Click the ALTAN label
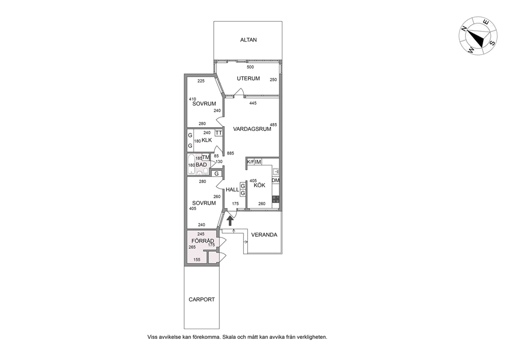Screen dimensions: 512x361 point(248,40)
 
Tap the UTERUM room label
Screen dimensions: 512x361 point(248,78)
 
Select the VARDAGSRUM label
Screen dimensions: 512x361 point(252,129)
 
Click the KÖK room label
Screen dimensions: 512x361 point(259,185)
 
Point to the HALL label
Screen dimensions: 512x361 point(232,190)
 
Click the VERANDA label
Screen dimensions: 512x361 point(264,235)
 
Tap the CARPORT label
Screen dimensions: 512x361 point(201,299)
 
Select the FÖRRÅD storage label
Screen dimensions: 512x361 point(203,241)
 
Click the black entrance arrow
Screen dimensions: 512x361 point(230,221)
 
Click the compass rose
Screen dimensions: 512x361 point(478,36)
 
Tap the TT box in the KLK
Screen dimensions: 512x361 point(219,133)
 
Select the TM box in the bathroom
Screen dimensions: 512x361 point(206,158)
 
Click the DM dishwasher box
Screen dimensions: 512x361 point(276,180)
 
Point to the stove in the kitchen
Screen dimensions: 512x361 point(276,199)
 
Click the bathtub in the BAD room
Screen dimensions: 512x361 point(191,165)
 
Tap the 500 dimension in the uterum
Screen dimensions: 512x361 point(250,67)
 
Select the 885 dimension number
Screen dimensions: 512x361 point(231,153)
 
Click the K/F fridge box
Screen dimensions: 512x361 point(250,162)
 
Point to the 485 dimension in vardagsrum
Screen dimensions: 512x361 point(274,125)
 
